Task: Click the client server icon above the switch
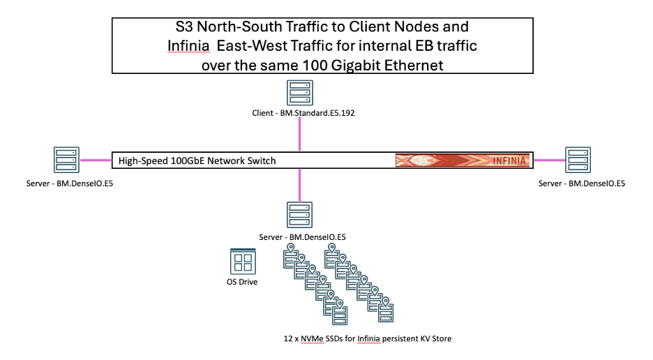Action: pos(300,93)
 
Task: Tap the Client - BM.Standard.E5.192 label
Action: pos(303,113)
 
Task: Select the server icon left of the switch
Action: pos(67,160)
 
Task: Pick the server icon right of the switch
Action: pos(578,160)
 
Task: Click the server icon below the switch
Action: pos(300,215)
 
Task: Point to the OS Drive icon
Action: pos(243,262)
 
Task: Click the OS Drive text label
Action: pos(242,282)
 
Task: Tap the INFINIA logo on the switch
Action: pos(463,160)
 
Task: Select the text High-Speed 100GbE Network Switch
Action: pos(197,161)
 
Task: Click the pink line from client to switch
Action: pos(300,134)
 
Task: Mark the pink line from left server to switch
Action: pos(96,160)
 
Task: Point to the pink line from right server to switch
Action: pos(549,160)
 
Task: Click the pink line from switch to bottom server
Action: pos(300,186)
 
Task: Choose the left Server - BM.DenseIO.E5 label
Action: pos(70,183)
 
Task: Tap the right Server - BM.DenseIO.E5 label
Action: pos(582,183)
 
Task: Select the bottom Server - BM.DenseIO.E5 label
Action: pos(302,237)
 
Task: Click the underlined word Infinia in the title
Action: pos(188,46)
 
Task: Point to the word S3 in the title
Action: pos(184,27)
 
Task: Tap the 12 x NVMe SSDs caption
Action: pos(368,338)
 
